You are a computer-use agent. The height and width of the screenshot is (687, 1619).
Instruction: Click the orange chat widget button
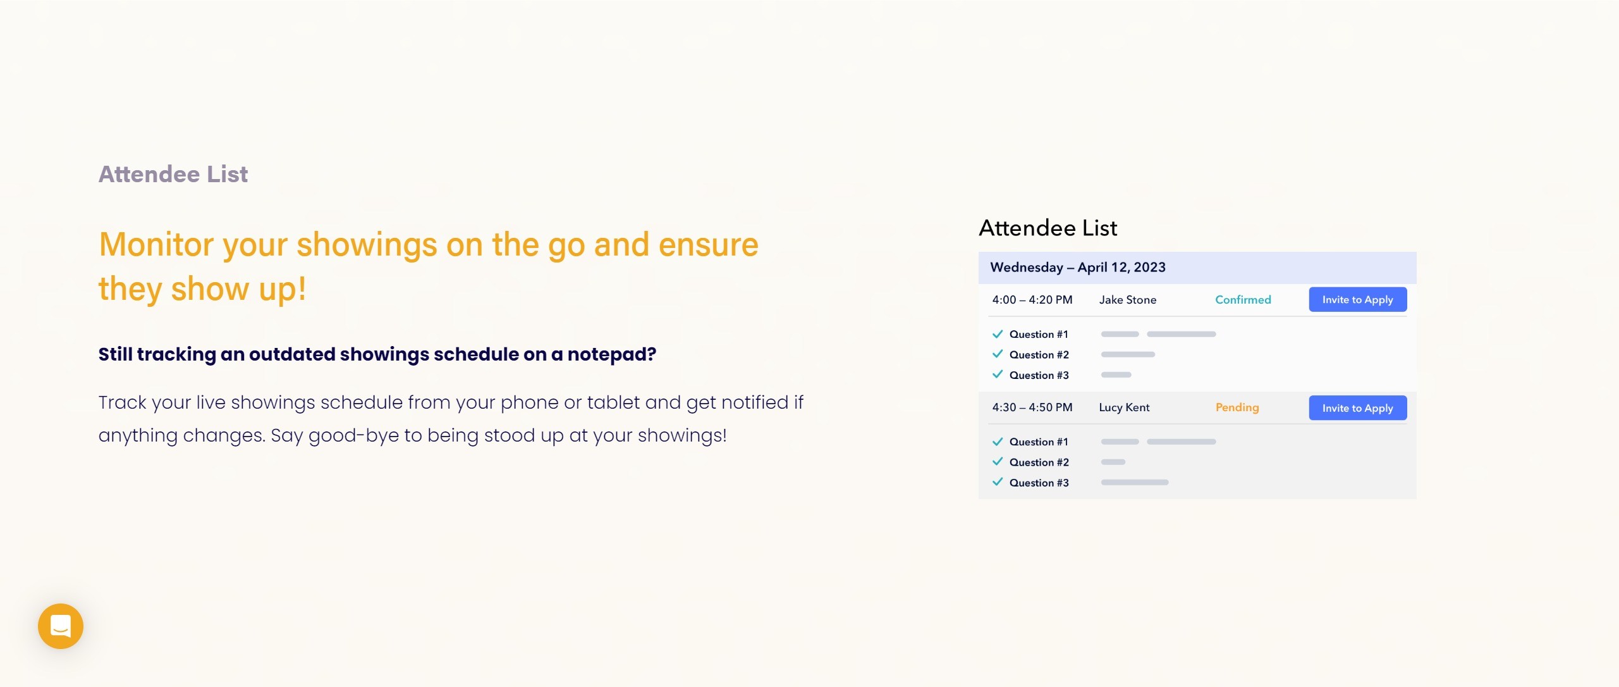(x=61, y=626)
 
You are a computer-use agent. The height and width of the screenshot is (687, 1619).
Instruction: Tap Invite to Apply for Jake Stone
(x=1357, y=299)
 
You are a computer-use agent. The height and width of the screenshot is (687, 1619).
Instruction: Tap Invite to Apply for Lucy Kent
(x=1357, y=408)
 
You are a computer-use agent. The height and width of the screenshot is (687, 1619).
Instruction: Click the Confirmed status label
(x=1243, y=300)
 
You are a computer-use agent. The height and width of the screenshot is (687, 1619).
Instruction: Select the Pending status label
(x=1237, y=407)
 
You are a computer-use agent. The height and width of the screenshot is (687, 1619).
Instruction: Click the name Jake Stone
(x=1128, y=300)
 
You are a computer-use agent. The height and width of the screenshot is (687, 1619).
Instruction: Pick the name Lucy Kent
(x=1124, y=407)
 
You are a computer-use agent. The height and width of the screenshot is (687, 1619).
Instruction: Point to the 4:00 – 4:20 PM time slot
(x=1032, y=300)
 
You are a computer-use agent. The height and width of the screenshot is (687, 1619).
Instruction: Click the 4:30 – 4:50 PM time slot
(x=1032, y=407)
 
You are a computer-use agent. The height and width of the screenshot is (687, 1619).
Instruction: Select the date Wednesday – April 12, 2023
(x=1078, y=268)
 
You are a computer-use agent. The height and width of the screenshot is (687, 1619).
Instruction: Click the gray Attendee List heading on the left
(x=173, y=174)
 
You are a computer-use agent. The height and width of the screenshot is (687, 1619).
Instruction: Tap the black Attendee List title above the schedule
(x=1048, y=228)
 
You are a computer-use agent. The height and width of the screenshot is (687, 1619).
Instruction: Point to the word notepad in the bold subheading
(x=611, y=354)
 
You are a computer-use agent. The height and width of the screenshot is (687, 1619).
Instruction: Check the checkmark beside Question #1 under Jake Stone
(x=998, y=334)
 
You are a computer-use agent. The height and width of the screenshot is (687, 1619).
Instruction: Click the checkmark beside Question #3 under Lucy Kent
(x=998, y=482)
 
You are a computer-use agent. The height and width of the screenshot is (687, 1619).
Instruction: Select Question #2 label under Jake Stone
(x=1039, y=355)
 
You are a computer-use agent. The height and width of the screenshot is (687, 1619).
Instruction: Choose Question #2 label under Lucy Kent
(x=1039, y=462)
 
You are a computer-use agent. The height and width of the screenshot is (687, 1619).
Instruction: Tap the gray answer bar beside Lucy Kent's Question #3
(x=1135, y=482)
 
